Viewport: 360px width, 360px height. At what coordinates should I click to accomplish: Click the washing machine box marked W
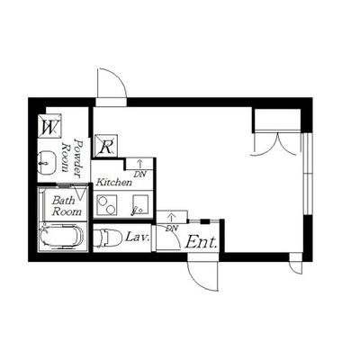point(49,126)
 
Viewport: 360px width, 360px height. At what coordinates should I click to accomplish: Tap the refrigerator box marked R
point(106,146)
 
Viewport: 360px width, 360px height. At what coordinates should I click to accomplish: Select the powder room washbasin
point(47,162)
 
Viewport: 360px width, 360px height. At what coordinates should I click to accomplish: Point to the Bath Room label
point(67,206)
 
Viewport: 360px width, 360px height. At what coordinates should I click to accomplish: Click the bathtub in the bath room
point(62,237)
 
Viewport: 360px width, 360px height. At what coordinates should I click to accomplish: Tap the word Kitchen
point(113,182)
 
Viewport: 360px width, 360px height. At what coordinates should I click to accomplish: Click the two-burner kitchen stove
point(106,205)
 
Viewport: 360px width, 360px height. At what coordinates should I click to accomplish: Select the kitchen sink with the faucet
point(140,205)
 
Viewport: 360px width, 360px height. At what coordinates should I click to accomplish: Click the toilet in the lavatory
point(108,238)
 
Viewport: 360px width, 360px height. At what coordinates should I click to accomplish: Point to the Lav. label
point(137,238)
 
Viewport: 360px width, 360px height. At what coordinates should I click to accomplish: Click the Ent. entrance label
point(201,242)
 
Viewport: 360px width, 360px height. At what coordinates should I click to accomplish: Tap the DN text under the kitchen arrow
point(139,174)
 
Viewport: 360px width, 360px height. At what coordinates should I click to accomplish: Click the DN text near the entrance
point(172,228)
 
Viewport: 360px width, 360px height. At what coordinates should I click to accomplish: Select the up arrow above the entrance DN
point(171,217)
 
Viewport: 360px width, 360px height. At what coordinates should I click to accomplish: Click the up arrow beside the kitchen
point(139,164)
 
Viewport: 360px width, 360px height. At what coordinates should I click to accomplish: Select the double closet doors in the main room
point(277,144)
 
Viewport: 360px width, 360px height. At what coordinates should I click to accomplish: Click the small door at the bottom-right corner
point(297,267)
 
